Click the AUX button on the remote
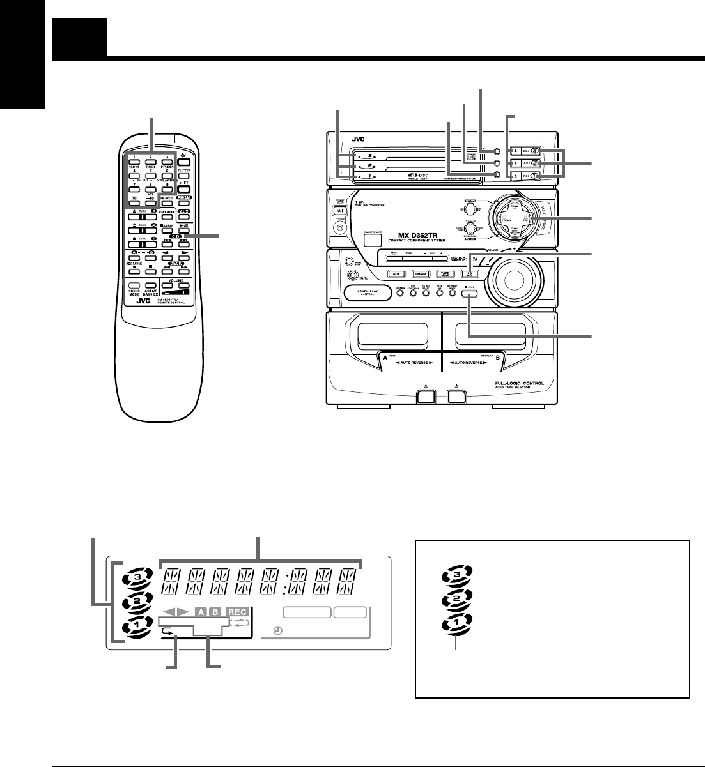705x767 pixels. coord(184,211)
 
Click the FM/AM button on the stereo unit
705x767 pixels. coord(419,273)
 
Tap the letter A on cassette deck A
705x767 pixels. coord(385,359)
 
